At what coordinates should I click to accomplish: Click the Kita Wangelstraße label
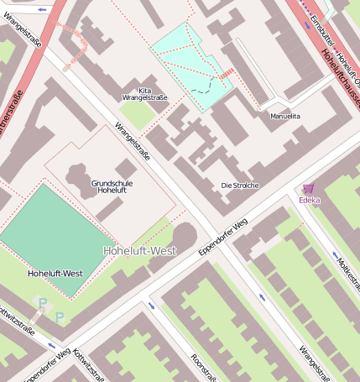[145, 94]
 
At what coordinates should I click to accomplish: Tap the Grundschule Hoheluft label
[112, 186]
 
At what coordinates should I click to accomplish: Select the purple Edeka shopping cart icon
[309, 189]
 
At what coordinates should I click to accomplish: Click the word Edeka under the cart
[309, 201]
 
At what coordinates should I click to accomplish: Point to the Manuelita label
[285, 116]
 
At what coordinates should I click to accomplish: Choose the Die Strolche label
[240, 185]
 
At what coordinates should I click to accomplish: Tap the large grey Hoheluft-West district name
[139, 250]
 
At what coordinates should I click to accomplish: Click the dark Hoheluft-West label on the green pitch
[55, 274]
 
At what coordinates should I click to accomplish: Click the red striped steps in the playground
[225, 76]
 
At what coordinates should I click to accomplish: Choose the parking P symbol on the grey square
[42, 302]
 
